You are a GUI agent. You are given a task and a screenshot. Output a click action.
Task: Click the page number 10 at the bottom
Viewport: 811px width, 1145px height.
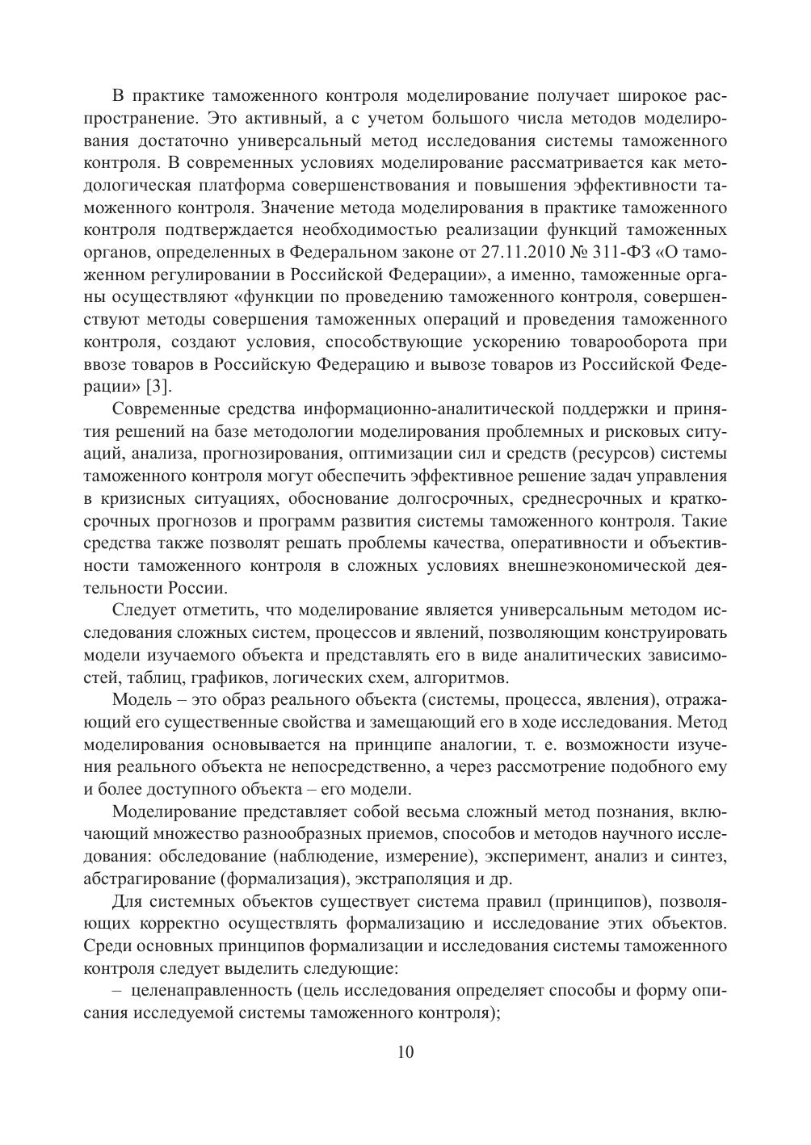coord(405,1052)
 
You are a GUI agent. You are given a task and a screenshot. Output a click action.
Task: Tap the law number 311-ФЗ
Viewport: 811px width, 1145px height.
coord(627,251)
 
